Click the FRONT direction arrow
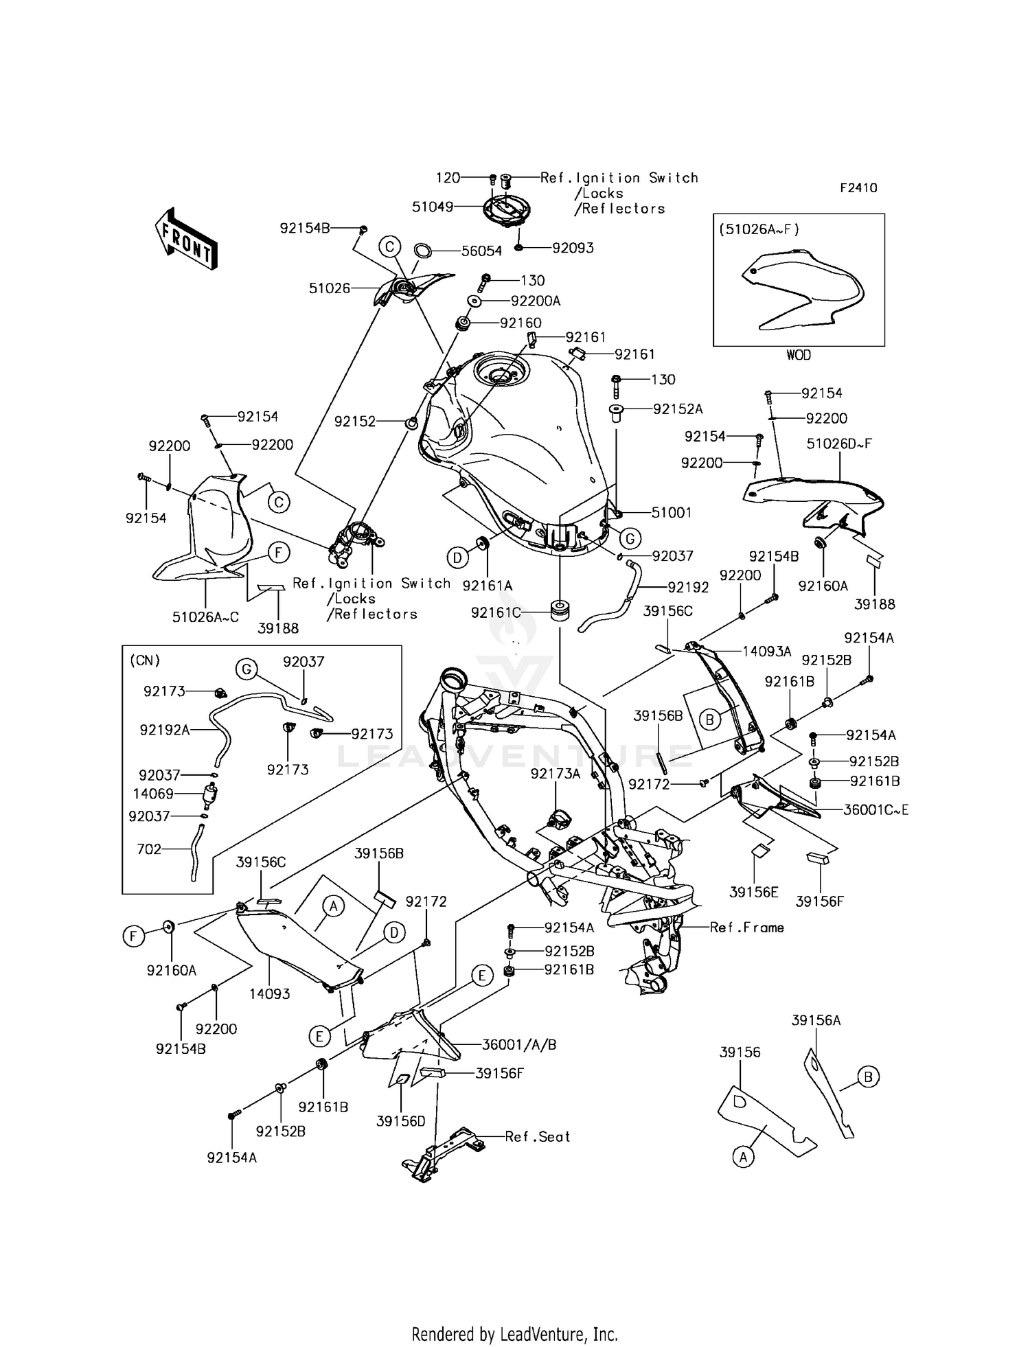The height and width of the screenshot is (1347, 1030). coord(186,237)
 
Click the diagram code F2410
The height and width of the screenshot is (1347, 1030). coord(858,187)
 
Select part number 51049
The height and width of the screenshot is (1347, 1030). coord(433,207)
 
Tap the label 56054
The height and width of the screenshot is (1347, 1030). coord(481,251)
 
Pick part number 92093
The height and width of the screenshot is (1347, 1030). coord(573,248)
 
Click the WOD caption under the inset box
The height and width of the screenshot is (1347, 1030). coord(799,355)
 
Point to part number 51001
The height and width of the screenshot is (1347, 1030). coord(672,512)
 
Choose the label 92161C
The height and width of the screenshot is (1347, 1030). coord(496,612)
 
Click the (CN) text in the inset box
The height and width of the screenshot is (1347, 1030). coord(145,660)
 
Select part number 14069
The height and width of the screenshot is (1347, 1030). coord(153,794)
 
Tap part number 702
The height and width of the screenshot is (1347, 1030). coord(149,849)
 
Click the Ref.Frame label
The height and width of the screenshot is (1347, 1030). coord(747,928)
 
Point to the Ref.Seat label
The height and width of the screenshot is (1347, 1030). coord(538,1136)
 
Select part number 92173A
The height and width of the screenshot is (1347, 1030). coord(556,774)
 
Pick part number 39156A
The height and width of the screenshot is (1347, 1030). coord(816,1020)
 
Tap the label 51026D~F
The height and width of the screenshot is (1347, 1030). coord(839,444)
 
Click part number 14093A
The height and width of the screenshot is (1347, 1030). coord(767,651)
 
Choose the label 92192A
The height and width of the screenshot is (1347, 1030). coord(165,730)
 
